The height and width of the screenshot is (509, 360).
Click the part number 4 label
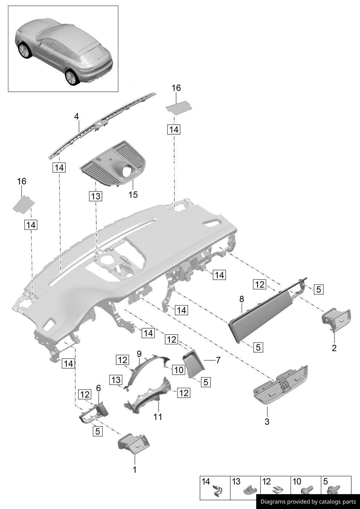coord(76,116)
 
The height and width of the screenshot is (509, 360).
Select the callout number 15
coord(133,195)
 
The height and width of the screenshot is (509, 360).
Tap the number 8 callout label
coord(242,299)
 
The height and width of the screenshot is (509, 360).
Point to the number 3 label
coord(267,422)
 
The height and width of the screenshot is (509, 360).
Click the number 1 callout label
coord(135,469)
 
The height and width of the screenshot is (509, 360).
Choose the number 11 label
coord(157,417)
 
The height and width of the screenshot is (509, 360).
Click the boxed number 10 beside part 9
coord(179,370)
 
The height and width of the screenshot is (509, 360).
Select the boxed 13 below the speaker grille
coord(95,196)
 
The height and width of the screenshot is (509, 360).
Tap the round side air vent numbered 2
coord(336,320)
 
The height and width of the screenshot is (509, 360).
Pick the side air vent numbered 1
coord(134,443)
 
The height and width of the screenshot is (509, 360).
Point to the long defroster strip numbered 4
coord(102,125)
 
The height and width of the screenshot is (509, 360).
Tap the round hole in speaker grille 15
coord(127,171)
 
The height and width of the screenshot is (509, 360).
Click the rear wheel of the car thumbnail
coord(71,77)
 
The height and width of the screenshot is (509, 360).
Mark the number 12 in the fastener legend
coord(266,482)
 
